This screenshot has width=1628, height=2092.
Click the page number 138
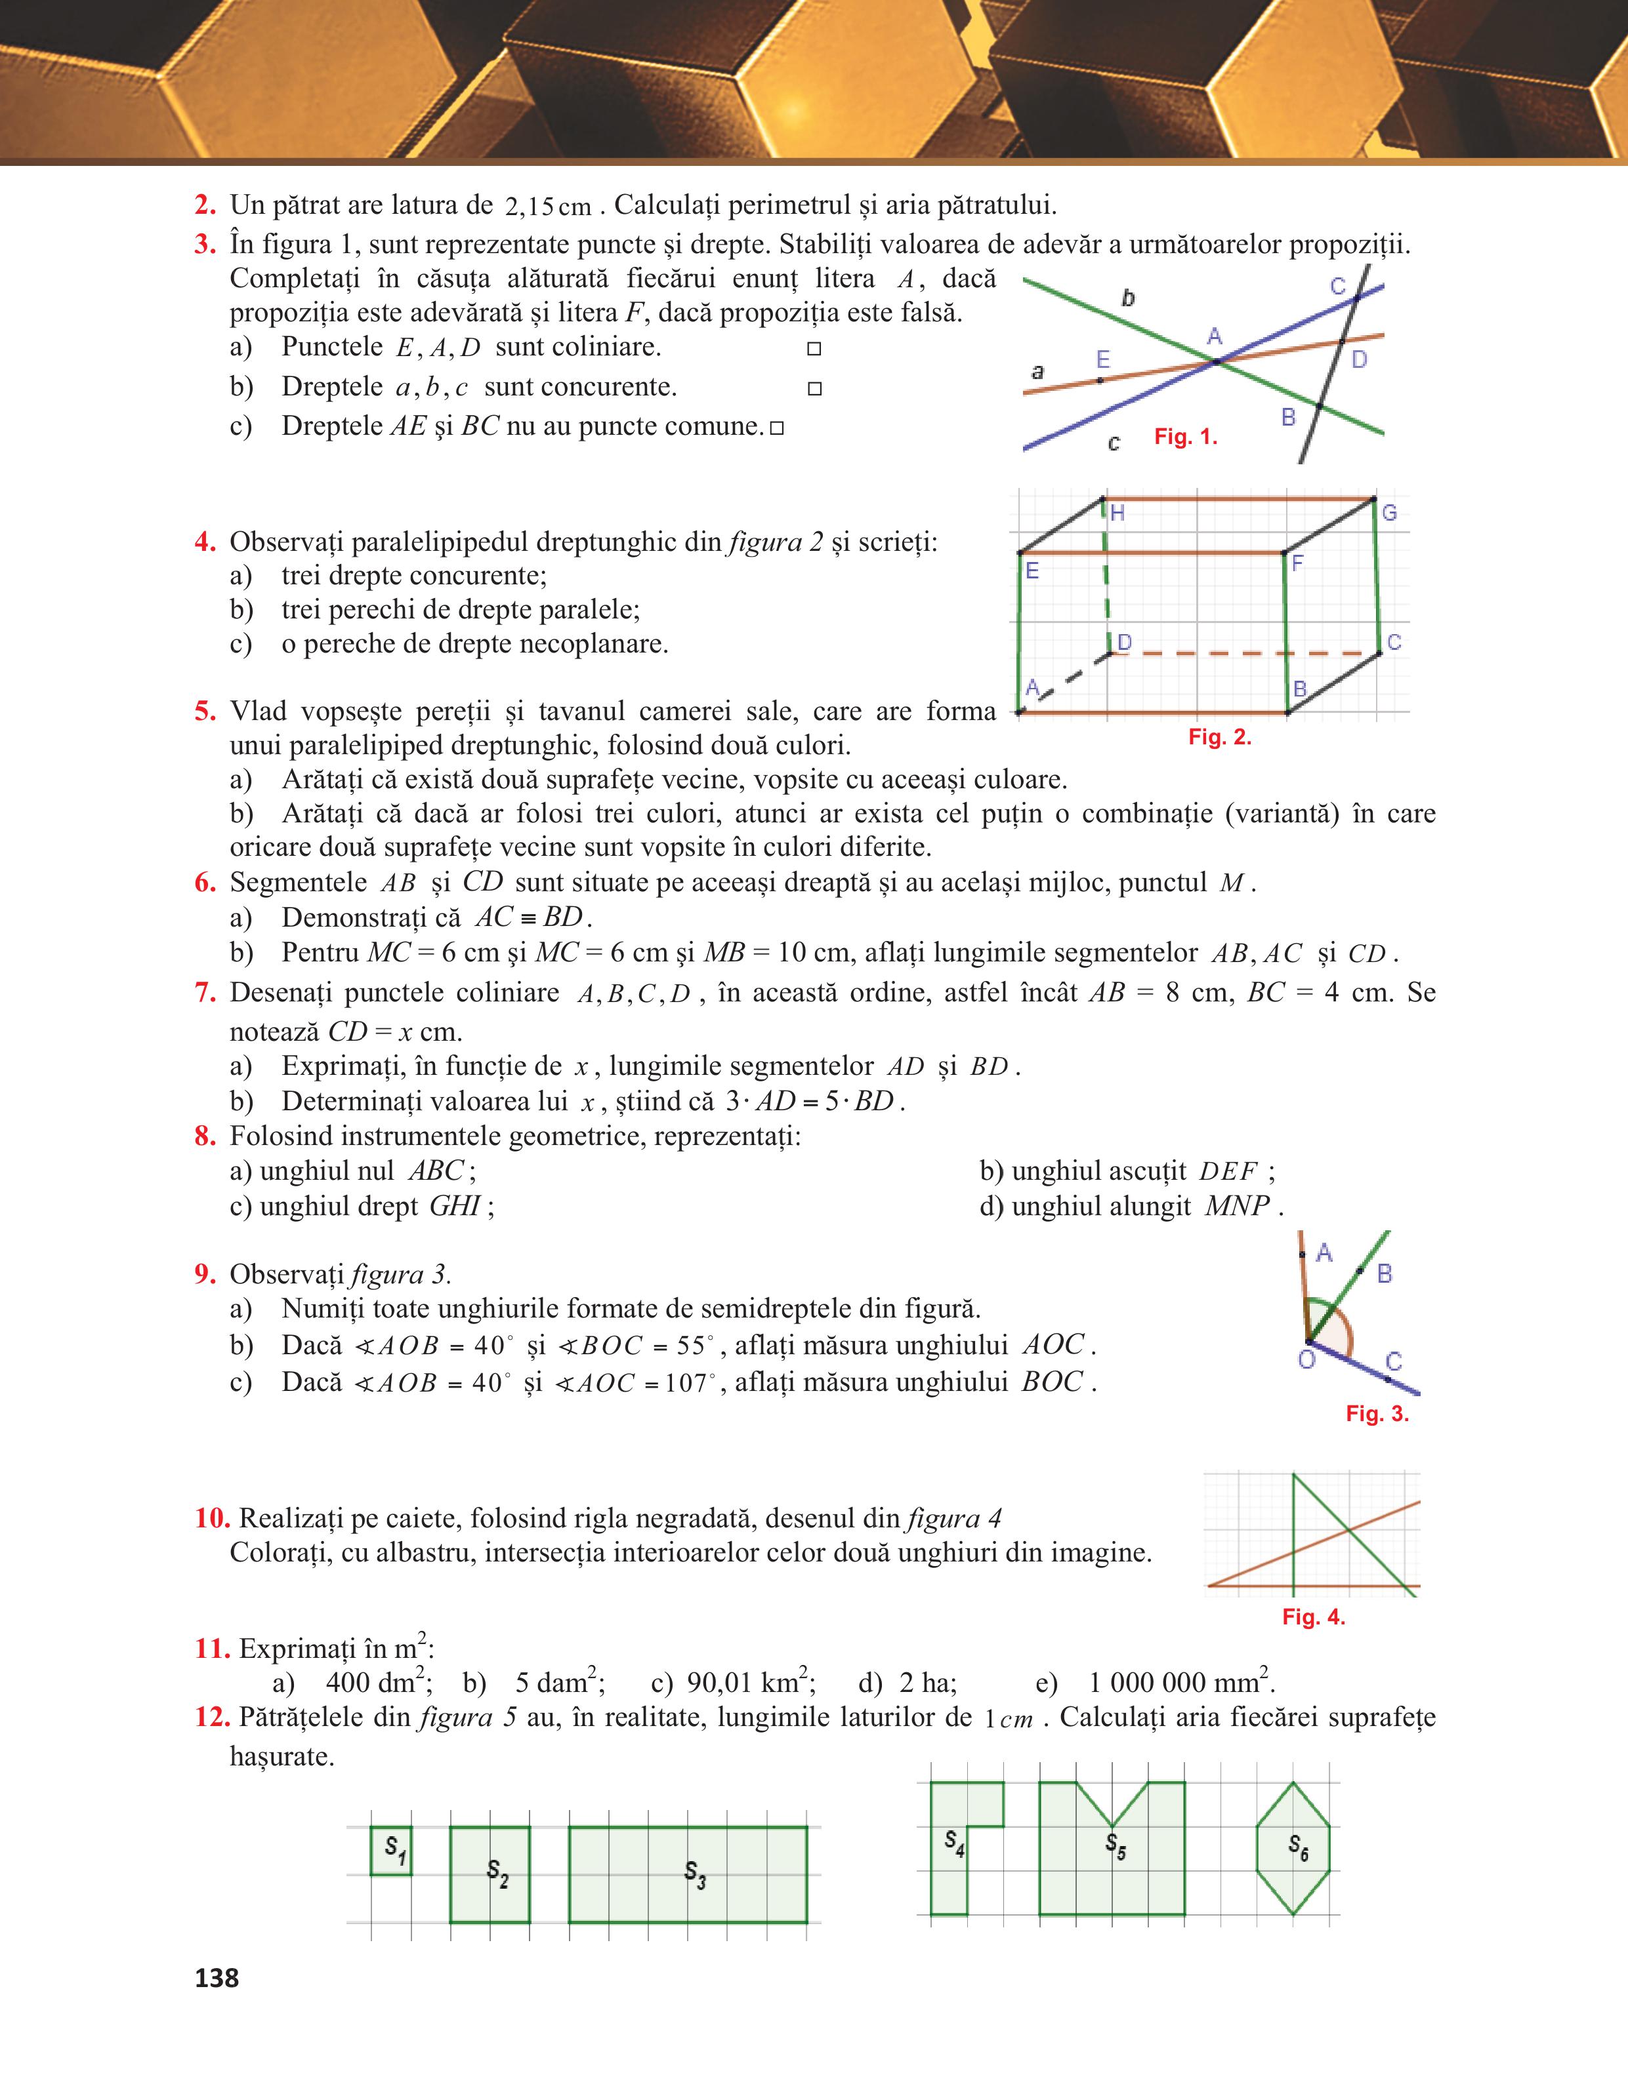(x=217, y=1978)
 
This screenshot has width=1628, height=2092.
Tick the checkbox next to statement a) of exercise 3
(x=814, y=349)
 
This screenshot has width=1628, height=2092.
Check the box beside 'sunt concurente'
(x=814, y=389)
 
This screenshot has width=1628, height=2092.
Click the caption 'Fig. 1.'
(x=1185, y=437)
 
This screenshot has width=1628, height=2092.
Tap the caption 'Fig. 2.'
(x=1220, y=736)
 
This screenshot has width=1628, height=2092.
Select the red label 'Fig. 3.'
(x=1377, y=1414)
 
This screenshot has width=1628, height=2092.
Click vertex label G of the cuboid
(x=1389, y=512)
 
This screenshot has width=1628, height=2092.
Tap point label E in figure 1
(x=1103, y=359)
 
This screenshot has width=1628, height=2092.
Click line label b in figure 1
(x=1129, y=298)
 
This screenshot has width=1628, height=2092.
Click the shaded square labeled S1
(x=391, y=1851)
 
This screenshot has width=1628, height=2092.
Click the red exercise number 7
(x=205, y=992)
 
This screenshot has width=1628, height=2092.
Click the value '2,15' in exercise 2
(x=529, y=206)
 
